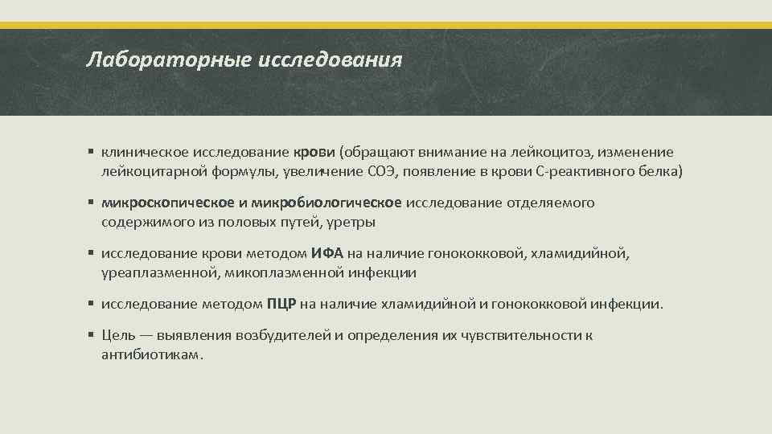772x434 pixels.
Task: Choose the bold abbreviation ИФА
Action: [327, 254]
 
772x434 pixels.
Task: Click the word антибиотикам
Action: [151, 355]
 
